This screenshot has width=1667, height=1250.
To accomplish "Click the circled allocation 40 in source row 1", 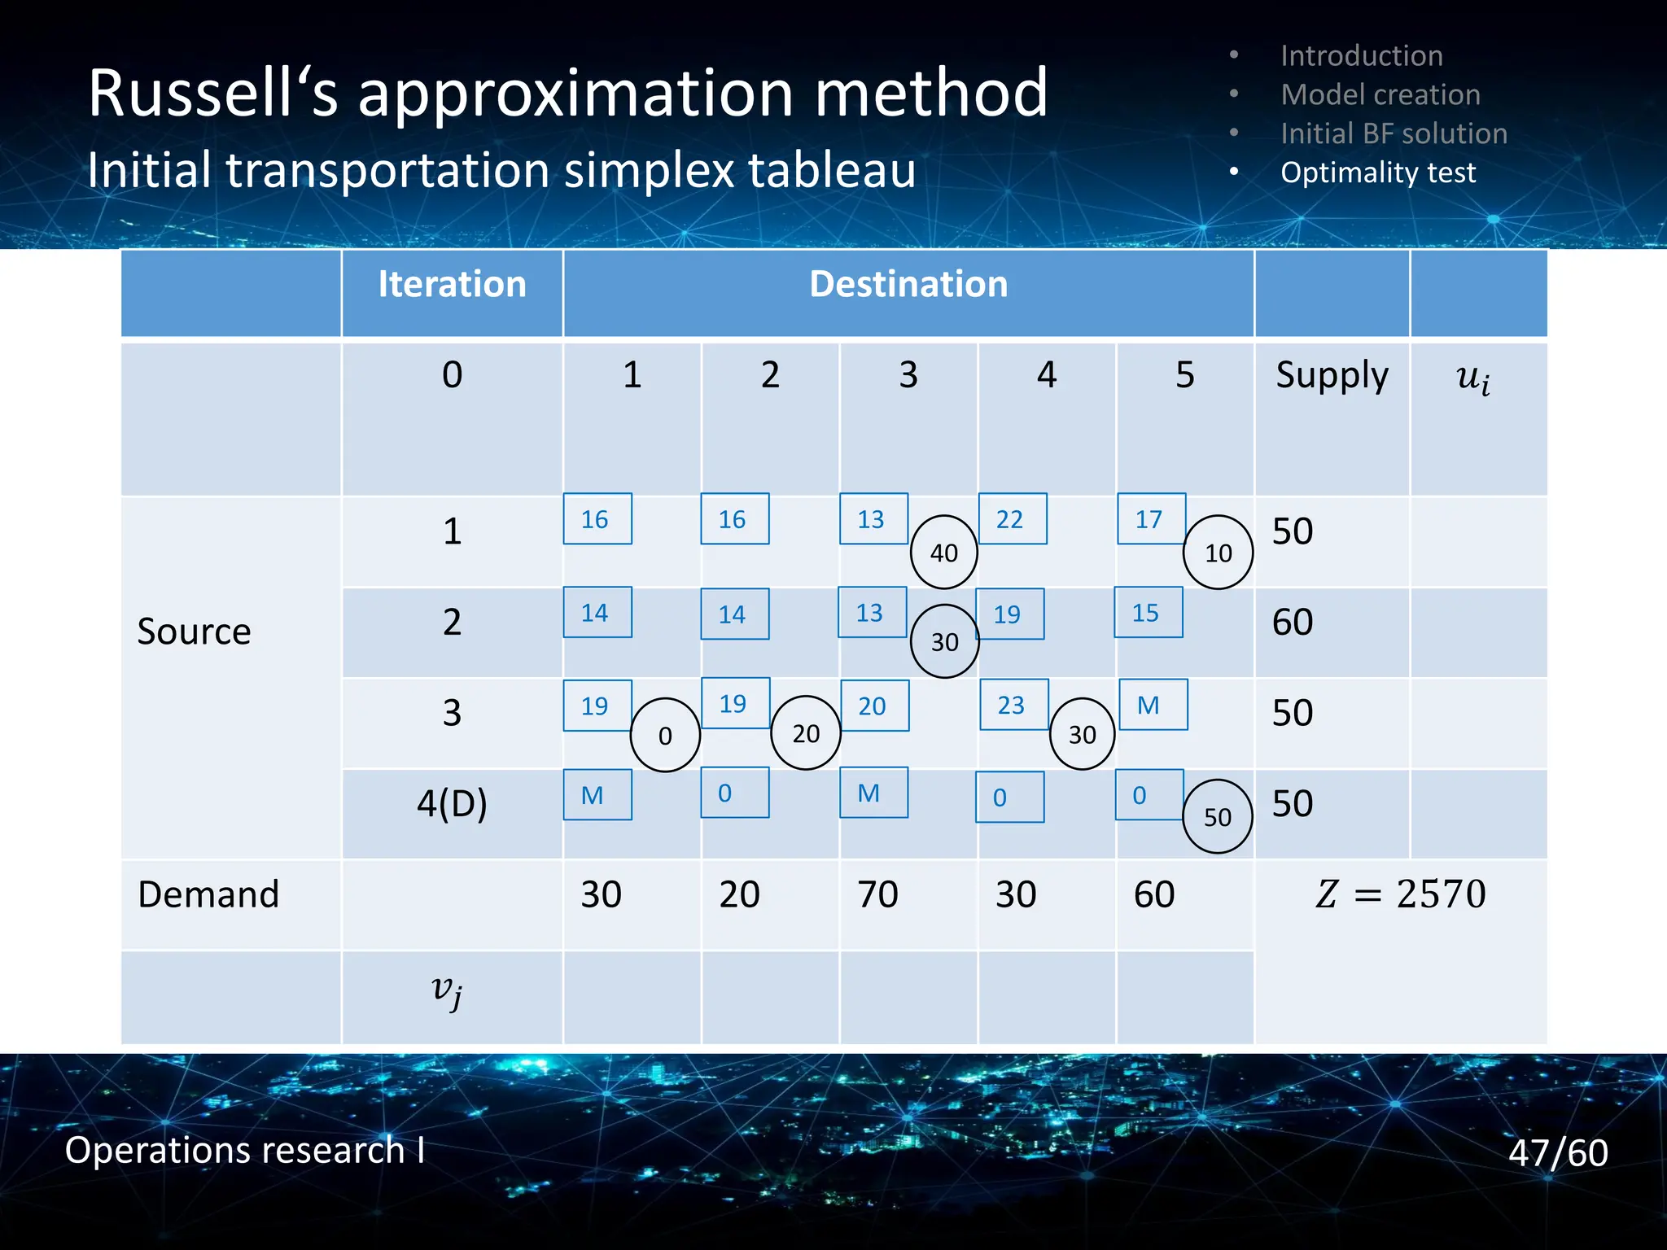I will (x=943, y=553).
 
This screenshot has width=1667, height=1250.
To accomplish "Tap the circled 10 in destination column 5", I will (x=1218, y=553).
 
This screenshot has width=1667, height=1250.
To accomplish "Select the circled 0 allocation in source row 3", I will (x=665, y=735).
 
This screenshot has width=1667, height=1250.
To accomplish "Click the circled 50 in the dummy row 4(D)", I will (x=1217, y=816).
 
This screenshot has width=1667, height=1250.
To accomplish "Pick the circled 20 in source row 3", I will (x=805, y=733).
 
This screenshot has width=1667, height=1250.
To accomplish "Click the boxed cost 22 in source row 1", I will (x=1012, y=519).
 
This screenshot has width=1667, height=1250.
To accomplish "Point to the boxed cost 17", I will (x=1150, y=519).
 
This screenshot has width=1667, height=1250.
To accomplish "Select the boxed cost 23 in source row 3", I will (x=1013, y=705).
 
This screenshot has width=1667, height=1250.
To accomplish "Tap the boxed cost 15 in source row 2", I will (x=1148, y=613).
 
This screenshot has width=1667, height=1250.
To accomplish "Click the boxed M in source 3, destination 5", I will (x=1152, y=705).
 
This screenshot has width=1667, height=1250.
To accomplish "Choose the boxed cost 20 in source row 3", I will (x=873, y=706).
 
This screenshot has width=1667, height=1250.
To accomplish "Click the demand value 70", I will (x=877, y=894).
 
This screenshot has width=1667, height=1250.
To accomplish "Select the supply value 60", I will (x=1293, y=623).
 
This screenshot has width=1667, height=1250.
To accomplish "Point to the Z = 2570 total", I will (x=1400, y=894).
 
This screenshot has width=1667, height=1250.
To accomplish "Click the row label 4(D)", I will (x=452, y=804).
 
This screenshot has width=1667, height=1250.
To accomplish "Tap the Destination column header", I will (x=908, y=285).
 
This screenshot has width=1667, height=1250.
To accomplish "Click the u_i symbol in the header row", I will (x=1472, y=378).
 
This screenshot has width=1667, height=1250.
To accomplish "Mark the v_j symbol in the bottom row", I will (x=447, y=990).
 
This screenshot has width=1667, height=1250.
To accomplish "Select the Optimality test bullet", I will (x=1377, y=173).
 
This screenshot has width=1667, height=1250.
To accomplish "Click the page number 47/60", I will (x=1557, y=1152).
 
